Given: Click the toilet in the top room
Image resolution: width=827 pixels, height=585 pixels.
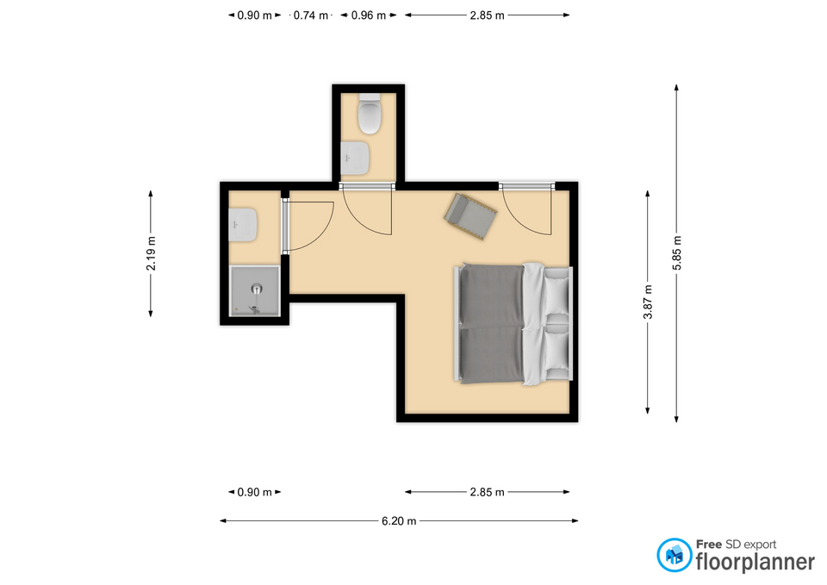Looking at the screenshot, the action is [370, 114].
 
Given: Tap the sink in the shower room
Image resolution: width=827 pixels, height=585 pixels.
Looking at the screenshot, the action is [243, 225].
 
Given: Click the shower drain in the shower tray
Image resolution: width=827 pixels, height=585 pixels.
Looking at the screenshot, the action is [257, 289].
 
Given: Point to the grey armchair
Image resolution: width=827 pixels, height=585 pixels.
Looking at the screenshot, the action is [470, 216].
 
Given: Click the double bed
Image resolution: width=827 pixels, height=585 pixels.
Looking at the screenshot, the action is [513, 323].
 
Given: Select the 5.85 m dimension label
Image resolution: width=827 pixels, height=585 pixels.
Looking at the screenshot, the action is [677, 253].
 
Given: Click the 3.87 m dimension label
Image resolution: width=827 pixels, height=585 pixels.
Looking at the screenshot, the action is [648, 302].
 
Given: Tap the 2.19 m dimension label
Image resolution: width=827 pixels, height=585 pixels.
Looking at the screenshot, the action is [151, 253].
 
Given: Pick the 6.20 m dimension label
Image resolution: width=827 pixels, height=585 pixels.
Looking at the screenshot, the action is [399, 521].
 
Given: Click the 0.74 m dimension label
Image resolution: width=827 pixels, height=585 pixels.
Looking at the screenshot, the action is [311, 16].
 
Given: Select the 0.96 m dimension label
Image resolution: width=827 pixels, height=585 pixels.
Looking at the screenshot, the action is [369, 16].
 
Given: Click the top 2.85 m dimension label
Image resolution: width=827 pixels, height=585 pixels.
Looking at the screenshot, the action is [487, 16].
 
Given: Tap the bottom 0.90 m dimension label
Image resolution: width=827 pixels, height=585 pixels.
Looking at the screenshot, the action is [254, 492].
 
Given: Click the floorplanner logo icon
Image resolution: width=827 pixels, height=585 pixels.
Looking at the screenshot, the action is [675, 555].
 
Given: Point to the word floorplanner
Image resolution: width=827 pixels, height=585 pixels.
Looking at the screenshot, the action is [755, 562].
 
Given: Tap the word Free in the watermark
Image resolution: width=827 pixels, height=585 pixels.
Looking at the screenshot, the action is [709, 545].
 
